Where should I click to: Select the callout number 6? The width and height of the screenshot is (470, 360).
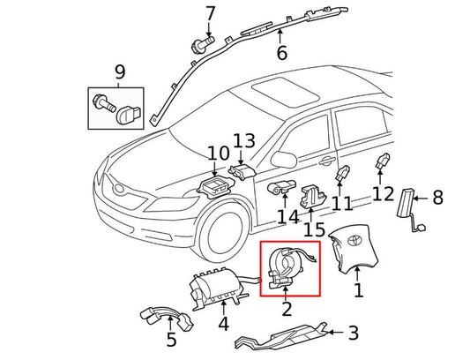[x=281, y=53]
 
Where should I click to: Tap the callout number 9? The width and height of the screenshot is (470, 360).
[x=120, y=71]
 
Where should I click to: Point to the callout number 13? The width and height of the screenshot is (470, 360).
[x=243, y=141]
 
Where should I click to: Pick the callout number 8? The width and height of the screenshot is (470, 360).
[x=437, y=198]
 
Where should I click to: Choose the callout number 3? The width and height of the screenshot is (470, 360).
[x=353, y=333]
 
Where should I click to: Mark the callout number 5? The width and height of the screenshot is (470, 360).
[x=171, y=338]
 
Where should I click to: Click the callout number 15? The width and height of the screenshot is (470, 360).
[x=315, y=230]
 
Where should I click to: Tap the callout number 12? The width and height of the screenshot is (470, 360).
[x=384, y=194]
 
